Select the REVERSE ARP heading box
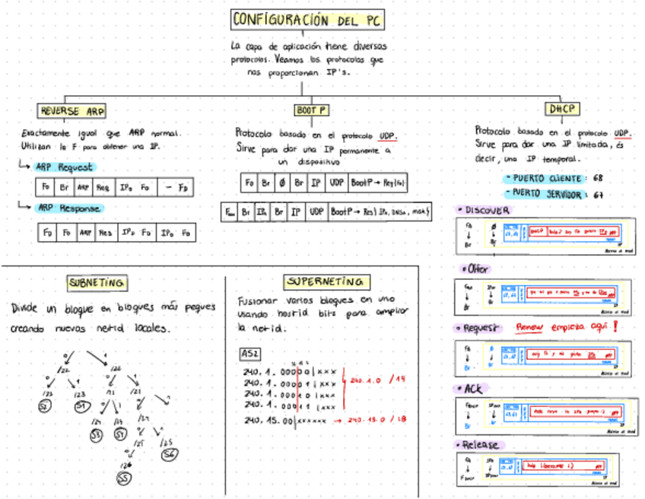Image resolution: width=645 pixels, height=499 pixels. coord(72,110)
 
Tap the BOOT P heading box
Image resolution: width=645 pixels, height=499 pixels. coord(311,110)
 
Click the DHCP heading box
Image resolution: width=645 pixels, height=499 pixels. coord(564,109)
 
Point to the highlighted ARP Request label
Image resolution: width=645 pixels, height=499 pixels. coord(64,167)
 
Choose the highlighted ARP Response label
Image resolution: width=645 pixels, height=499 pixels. coord(68,208)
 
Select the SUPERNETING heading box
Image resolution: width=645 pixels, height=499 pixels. coord(327,282)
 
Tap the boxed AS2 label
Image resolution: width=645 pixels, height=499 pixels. coord(249,354)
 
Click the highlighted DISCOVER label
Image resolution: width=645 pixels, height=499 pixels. coord(488,210)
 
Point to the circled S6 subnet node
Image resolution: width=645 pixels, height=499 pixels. coord(169,453)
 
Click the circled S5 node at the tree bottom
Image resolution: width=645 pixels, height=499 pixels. coord(123,478)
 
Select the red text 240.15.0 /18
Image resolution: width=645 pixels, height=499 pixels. coord(377,420)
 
